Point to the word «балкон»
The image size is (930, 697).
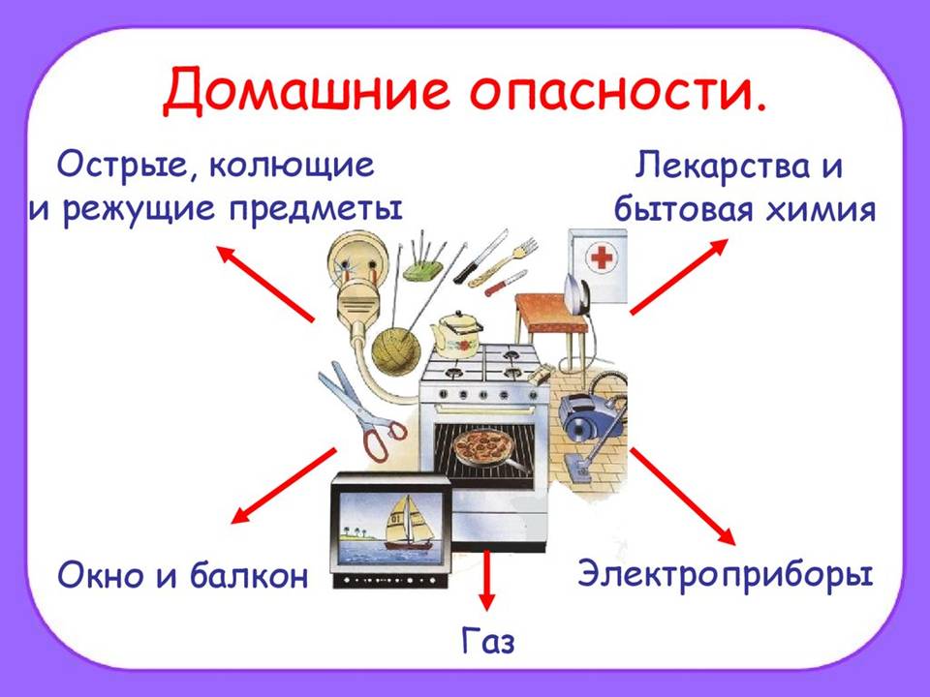(249, 574)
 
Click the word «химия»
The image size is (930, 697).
(821, 210)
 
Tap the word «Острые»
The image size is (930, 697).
(128, 165)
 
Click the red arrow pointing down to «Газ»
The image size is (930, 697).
(486, 580)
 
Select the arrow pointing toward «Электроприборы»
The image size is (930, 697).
(682, 496)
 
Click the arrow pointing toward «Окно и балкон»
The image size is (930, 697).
(284, 485)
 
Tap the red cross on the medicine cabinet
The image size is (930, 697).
(602, 258)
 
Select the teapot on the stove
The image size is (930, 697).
(456, 333)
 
